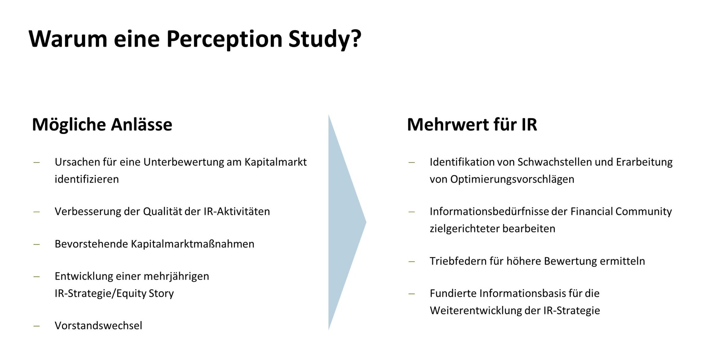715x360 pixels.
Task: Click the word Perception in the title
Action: (225, 39)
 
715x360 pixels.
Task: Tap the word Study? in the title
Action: (325, 39)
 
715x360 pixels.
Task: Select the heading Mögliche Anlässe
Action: (102, 124)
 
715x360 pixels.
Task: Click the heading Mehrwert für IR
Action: (472, 124)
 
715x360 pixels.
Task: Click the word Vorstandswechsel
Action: (98, 326)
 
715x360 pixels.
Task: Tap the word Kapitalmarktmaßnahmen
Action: (193, 244)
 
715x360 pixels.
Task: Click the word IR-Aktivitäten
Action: (237, 211)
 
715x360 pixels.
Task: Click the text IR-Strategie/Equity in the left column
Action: (101, 293)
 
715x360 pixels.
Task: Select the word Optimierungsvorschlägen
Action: (512, 179)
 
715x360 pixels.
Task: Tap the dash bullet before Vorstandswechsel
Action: (37, 326)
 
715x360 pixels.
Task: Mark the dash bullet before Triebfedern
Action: (412, 262)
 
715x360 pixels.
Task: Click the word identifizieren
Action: (87, 179)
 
